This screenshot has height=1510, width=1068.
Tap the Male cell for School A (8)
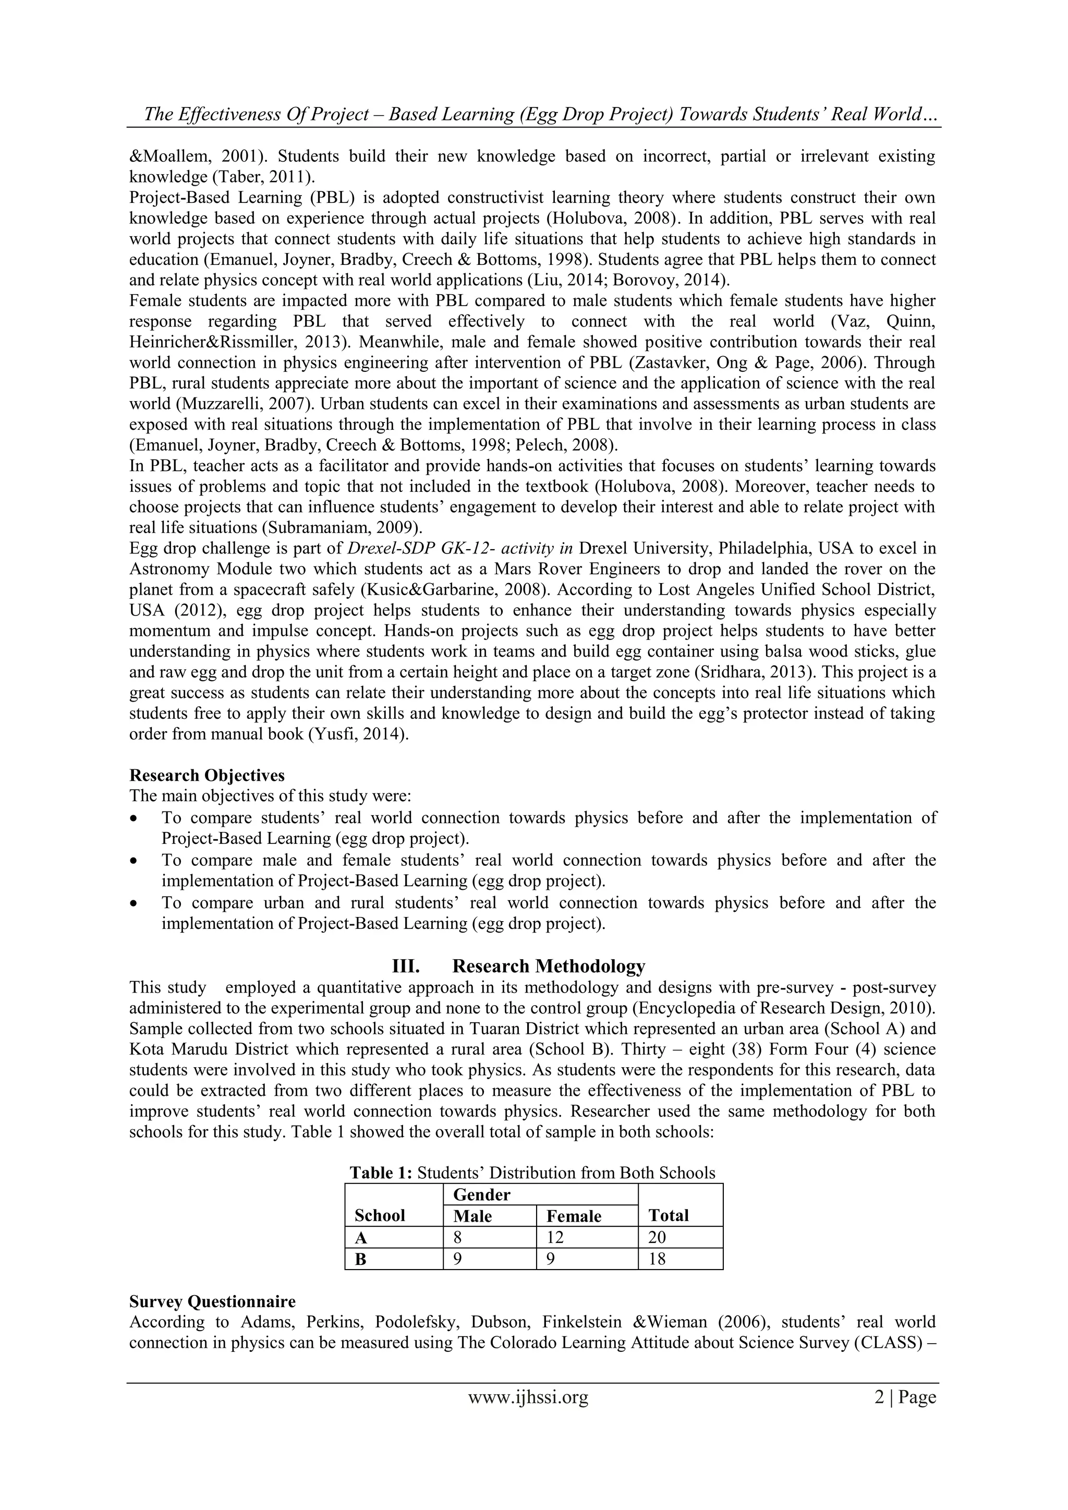click(x=458, y=1237)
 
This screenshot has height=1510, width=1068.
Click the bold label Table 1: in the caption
click(x=381, y=1173)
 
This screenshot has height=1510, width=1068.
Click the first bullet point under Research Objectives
click(x=135, y=819)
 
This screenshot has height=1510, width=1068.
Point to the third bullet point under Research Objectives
click(x=135, y=903)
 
